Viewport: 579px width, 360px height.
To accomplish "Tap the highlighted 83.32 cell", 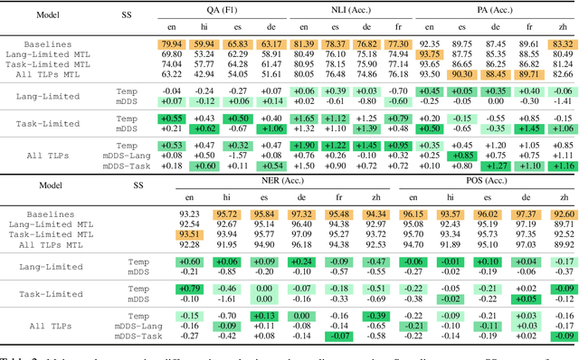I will (561, 43).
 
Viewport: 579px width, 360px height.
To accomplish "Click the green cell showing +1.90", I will (304, 145).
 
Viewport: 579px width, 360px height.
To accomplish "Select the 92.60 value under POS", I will (561, 213).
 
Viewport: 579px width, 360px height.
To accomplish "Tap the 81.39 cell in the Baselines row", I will (304, 43).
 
